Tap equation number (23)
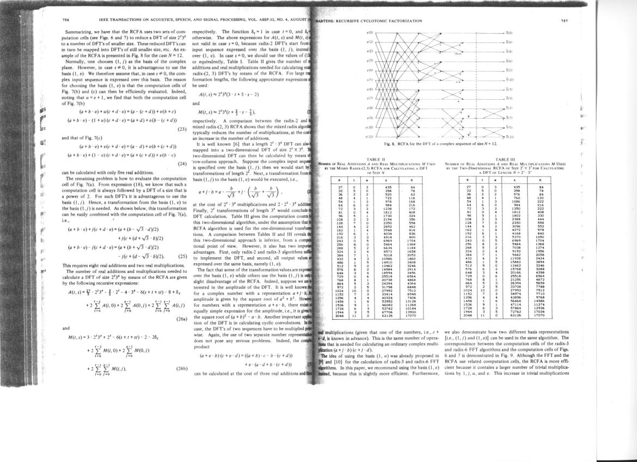click(x=183, y=130)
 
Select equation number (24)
click(x=183, y=163)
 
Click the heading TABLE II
click(x=371, y=155)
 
